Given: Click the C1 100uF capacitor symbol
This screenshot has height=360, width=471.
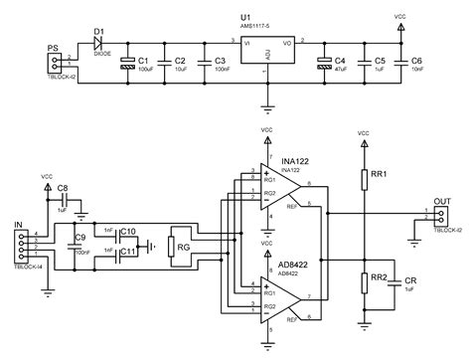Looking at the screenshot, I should [x=127, y=63].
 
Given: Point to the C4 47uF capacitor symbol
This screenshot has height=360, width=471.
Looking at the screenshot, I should [x=324, y=63].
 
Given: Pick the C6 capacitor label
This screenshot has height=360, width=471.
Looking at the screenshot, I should [x=416, y=62].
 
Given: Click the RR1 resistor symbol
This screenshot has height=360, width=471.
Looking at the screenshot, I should [x=364, y=178].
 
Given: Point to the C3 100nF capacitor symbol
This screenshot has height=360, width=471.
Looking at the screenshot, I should [x=204, y=63].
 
